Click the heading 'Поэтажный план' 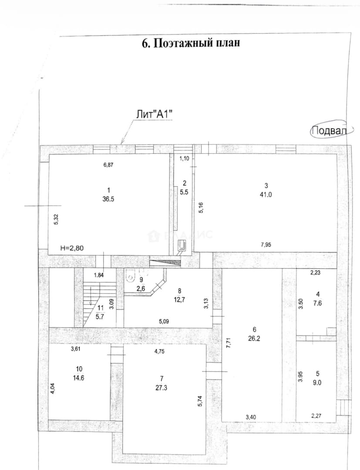[x=197, y=43]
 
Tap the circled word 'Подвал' [x=329, y=131]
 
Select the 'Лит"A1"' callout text [x=155, y=114]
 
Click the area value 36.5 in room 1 [x=108, y=198]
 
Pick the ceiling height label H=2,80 [x=72, y=248]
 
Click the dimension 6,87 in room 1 [x=108, y=164]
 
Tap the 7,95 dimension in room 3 [x=266, y=245]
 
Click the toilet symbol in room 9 [x=131, y=276]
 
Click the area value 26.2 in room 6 [x=254, y=339]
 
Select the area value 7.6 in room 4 [x=318, y=303]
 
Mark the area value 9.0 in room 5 [x=318, y=382]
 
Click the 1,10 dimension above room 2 [x=184, y=158]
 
